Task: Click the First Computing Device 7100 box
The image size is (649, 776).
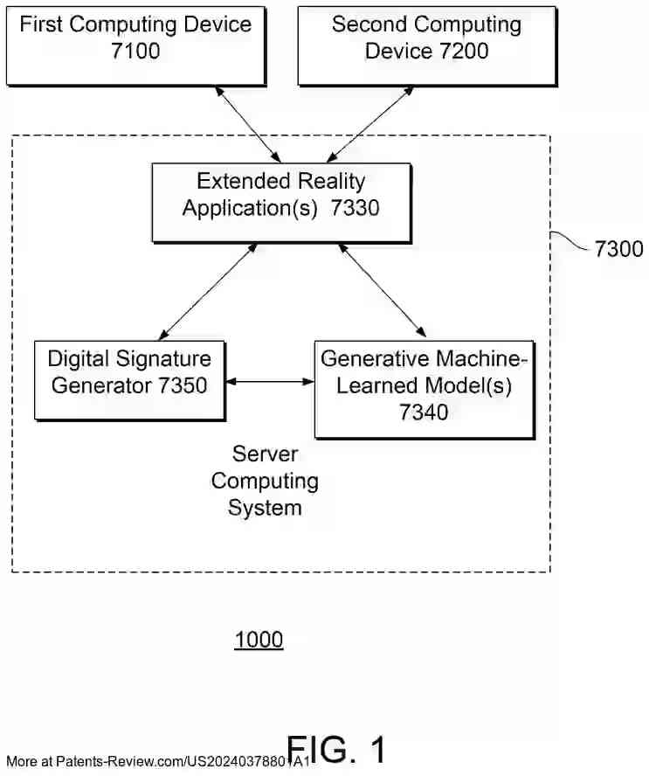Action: [135, 45]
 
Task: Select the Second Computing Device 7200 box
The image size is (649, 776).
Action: [426, 45]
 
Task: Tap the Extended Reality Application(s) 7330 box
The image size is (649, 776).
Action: [280, 203]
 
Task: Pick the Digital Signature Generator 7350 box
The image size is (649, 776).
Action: [128, 380]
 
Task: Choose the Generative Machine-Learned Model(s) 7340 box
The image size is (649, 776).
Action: [424, 389]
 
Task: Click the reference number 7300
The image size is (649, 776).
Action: [618, 250]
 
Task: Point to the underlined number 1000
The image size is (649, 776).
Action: [259, 641]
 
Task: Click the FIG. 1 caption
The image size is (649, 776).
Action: [336, 750]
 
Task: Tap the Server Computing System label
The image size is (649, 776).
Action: [265, 481]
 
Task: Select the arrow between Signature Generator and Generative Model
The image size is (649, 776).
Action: [269, 381]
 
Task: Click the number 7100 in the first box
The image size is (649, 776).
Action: [135, 51]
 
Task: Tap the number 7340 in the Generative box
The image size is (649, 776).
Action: [424, 412]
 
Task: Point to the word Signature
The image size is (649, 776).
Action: [165, 359]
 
